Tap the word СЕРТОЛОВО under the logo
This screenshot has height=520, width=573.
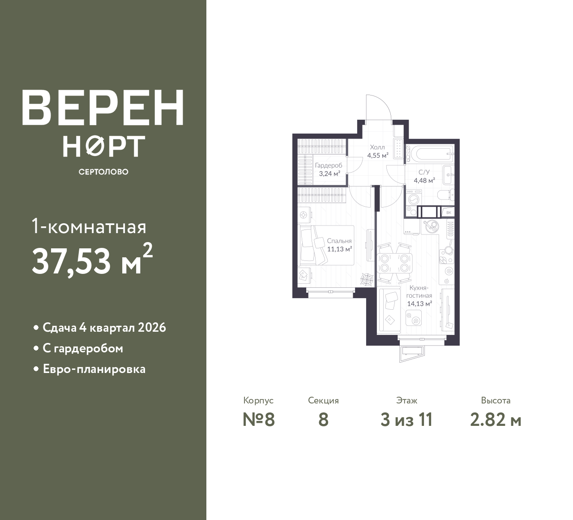pyautogui.click(x=103, y=172)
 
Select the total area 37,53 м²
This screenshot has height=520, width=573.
pyautogui.click(x=92, y=260)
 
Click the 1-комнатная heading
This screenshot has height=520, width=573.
pyautogui.click(x=89, y=227)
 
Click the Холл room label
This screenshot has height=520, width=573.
pyautogui.click(x=377, y=147)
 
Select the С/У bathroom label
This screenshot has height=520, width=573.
pyautogui.click(x=424, y=172)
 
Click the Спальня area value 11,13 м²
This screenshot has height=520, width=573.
pyautogui.click(x=339, y=249)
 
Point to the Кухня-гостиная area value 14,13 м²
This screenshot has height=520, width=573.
pyautogui.click(x=419, y=304)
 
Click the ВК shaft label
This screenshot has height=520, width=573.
pyautogui.click(x=449, y=212)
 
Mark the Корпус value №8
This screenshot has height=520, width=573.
pyautogui.click(x=258, y=420)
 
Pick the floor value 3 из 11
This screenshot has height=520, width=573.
pyautogui.click(x=406, y=420)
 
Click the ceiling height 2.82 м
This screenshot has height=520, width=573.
pyautogui.click(x=496, y=420)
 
